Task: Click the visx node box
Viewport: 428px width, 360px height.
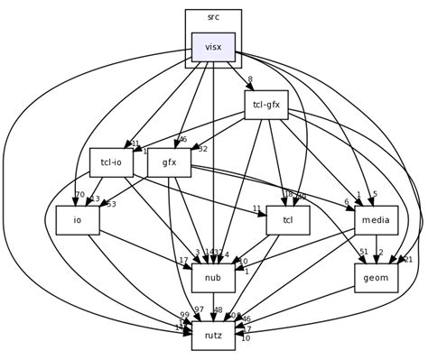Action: coord(213,47)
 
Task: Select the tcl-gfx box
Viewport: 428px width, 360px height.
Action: coord(266,105)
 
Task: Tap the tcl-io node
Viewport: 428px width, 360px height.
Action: coord(111,162)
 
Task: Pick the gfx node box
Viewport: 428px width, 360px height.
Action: coord(169,162)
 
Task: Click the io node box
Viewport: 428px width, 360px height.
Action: coord(78,220)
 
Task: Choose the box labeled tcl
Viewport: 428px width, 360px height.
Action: coord(288,220)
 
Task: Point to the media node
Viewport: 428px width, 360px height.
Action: coord(374,220)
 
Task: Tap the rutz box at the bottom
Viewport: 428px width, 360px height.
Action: coord(213,336)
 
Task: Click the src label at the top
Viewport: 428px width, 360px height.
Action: coord(213,17)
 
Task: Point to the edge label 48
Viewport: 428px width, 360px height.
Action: coord(243,310)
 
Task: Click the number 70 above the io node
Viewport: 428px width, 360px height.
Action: coord(79,195)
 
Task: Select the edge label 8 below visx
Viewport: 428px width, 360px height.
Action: coord(250,80)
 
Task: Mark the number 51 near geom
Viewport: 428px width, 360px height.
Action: coord(364,253)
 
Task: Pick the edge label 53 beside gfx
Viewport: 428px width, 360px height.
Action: coord(112,204)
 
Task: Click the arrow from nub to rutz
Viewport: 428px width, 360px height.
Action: coord(213,307)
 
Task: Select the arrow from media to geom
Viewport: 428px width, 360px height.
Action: coord(376,249)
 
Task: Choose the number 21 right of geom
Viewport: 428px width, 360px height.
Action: coord(408,260)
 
